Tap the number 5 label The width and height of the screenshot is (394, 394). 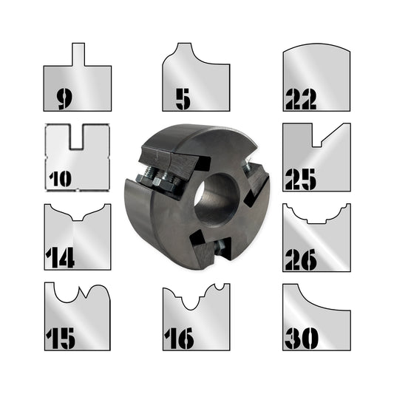pyautogui.click(x=183, y=98)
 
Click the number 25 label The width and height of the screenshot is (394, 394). pyautogui.click(x=300, y=178)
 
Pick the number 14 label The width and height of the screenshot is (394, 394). pyautogui.click(x=60, y=257)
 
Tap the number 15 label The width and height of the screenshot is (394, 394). pyautogui.click(x=61, y=338)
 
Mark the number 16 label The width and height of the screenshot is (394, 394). pyautogui.click(x=181, y=338)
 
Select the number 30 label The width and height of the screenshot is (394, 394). pyautogui.click(x=300, y=338)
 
